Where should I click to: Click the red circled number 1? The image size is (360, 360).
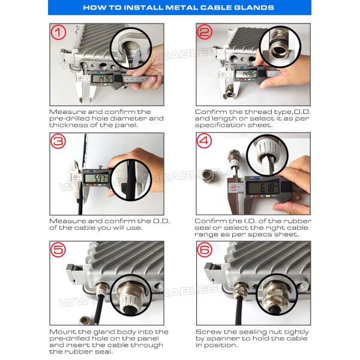click(x=58, y=32)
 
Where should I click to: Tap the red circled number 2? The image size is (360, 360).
click(x=205, y=32)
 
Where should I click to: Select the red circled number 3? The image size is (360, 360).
click(x=58, y=141)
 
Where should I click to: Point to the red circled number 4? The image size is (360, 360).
click(x=205, y=140)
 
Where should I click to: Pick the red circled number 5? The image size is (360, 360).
click(x=58, y=250)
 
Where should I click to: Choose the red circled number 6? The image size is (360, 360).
click(x=205, y=250)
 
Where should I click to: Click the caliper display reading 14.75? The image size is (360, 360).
click(x=103, y=79)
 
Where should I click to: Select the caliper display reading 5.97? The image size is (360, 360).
click(x=96, y=178)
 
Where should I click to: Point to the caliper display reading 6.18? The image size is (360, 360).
click(x=263, y=188)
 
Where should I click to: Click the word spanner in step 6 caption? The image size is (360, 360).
click(x=223, y=338)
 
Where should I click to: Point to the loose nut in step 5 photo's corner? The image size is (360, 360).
click(x=85, y=320)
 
